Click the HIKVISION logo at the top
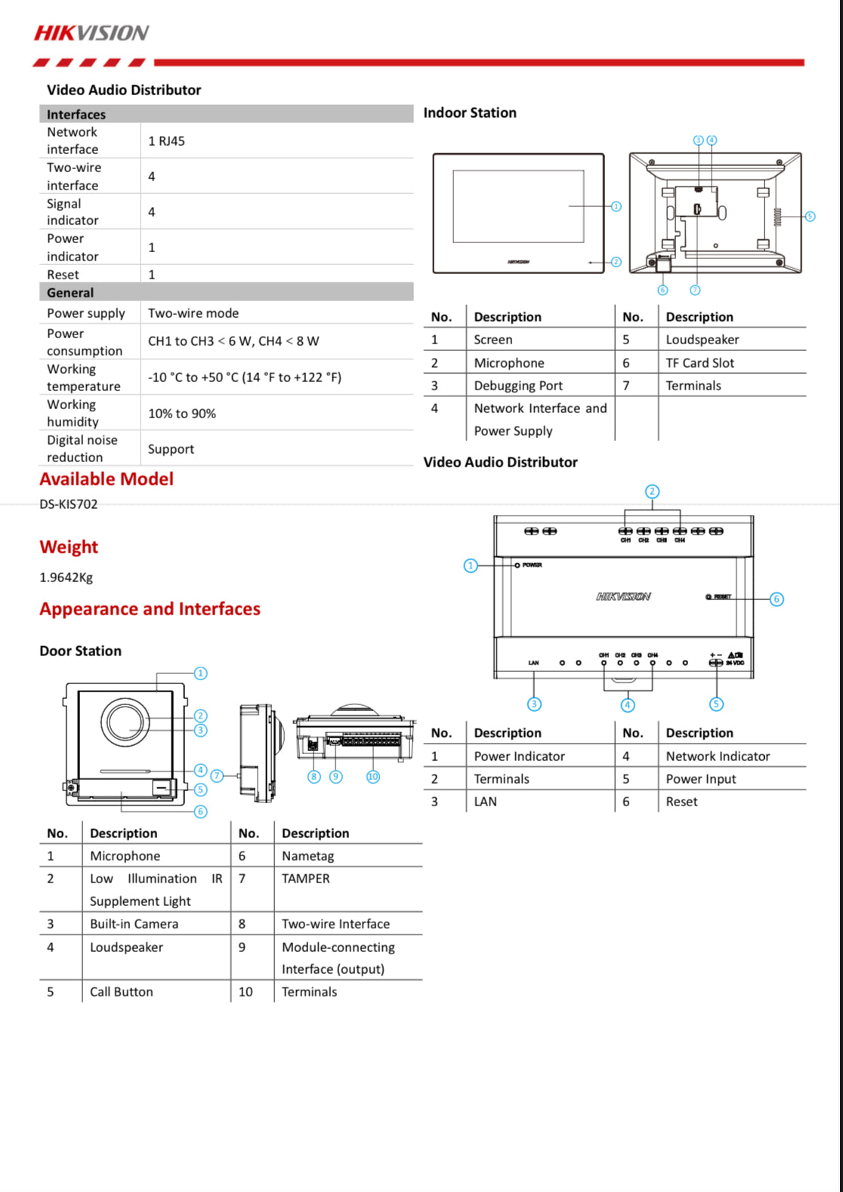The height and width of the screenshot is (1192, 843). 91,32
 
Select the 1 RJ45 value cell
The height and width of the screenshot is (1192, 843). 166,141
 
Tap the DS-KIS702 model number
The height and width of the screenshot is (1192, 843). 69,504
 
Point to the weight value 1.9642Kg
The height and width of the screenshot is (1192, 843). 66,578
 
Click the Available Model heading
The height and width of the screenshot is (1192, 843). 107,479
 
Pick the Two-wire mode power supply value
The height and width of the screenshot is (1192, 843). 193,313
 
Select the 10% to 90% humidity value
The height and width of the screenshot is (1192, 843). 182,414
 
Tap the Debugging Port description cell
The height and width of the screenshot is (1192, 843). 518,386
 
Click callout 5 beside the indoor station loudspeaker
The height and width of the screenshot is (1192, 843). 810,217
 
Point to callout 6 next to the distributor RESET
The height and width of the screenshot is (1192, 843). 777,599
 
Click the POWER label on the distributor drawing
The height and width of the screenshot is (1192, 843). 532,565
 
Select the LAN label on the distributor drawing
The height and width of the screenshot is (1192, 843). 533,663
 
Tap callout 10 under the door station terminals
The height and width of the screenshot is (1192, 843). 373,777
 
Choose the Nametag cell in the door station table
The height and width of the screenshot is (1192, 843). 307,856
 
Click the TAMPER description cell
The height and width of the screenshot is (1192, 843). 306,879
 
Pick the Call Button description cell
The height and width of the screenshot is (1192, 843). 122,992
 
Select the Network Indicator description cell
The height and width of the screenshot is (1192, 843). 718,756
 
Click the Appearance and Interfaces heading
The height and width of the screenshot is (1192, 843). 150,609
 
